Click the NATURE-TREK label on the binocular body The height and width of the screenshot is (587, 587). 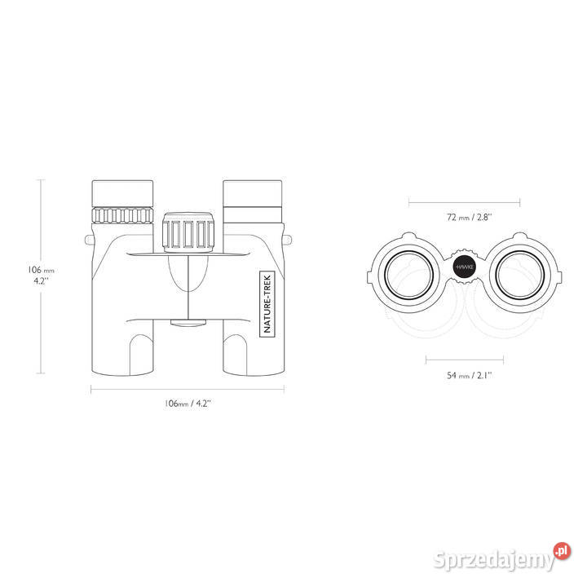[267, 303]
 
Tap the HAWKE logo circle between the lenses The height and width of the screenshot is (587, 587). [464, 267]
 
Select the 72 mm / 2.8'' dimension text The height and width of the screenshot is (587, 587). [469, 217]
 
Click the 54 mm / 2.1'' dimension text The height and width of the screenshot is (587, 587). [469, 375]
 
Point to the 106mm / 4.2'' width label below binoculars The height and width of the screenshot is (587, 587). [188, 404]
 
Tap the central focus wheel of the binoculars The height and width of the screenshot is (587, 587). [188, 232]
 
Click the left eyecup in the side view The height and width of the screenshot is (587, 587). [122, 193]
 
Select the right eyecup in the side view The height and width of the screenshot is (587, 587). [252, 193]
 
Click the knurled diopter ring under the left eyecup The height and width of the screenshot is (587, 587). [122, 215]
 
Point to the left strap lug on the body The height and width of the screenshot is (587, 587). [89, 240]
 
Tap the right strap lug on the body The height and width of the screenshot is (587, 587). [288, 240]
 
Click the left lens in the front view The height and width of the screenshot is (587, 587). [408, 276]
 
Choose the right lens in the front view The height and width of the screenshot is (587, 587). [519, 276]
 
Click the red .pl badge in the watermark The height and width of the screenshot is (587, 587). [562, 551]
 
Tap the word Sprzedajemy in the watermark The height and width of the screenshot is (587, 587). [494, 560]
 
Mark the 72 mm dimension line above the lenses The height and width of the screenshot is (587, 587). [464, 203]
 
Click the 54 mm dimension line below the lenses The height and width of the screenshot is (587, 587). [465, 360]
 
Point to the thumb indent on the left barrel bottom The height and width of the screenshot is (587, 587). [141, 355]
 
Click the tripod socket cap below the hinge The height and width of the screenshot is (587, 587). [188, 323]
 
